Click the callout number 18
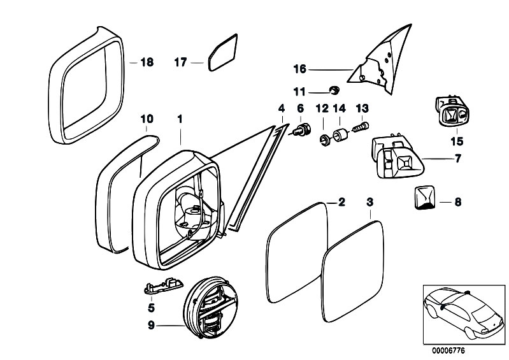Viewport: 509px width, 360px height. [x=147, y=62]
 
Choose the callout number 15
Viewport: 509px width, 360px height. [x=457, y=141]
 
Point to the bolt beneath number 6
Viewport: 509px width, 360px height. [x=303, y=132]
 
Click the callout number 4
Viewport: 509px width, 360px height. [x=281, y=109]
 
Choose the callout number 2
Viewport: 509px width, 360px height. [x=341, y=203]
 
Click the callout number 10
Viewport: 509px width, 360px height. [x=147, y=119]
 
